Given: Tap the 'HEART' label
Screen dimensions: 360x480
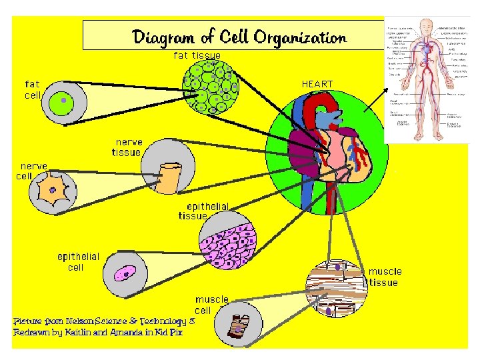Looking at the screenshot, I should coord(317,84).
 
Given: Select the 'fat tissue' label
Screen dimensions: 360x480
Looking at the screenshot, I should coord(197,55).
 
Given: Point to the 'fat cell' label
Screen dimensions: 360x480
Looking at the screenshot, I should coord(33,89).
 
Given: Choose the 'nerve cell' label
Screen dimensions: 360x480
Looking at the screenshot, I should coord(33,171).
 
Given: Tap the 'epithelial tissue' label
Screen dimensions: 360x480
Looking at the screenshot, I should coord(203,211).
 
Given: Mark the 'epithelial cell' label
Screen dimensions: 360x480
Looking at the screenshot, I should coord(79,262).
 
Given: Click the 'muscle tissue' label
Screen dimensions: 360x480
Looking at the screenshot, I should coord(384,277).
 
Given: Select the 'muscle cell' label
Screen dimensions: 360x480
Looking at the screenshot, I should coord(211,305).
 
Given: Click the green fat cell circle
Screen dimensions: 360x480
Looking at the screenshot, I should coord(63,101).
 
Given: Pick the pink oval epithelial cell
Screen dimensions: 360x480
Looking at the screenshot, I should coord(124,273).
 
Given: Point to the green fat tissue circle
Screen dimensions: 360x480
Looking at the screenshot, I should coord(210,87).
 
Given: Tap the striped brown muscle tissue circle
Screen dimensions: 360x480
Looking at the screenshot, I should coord(337,287).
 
